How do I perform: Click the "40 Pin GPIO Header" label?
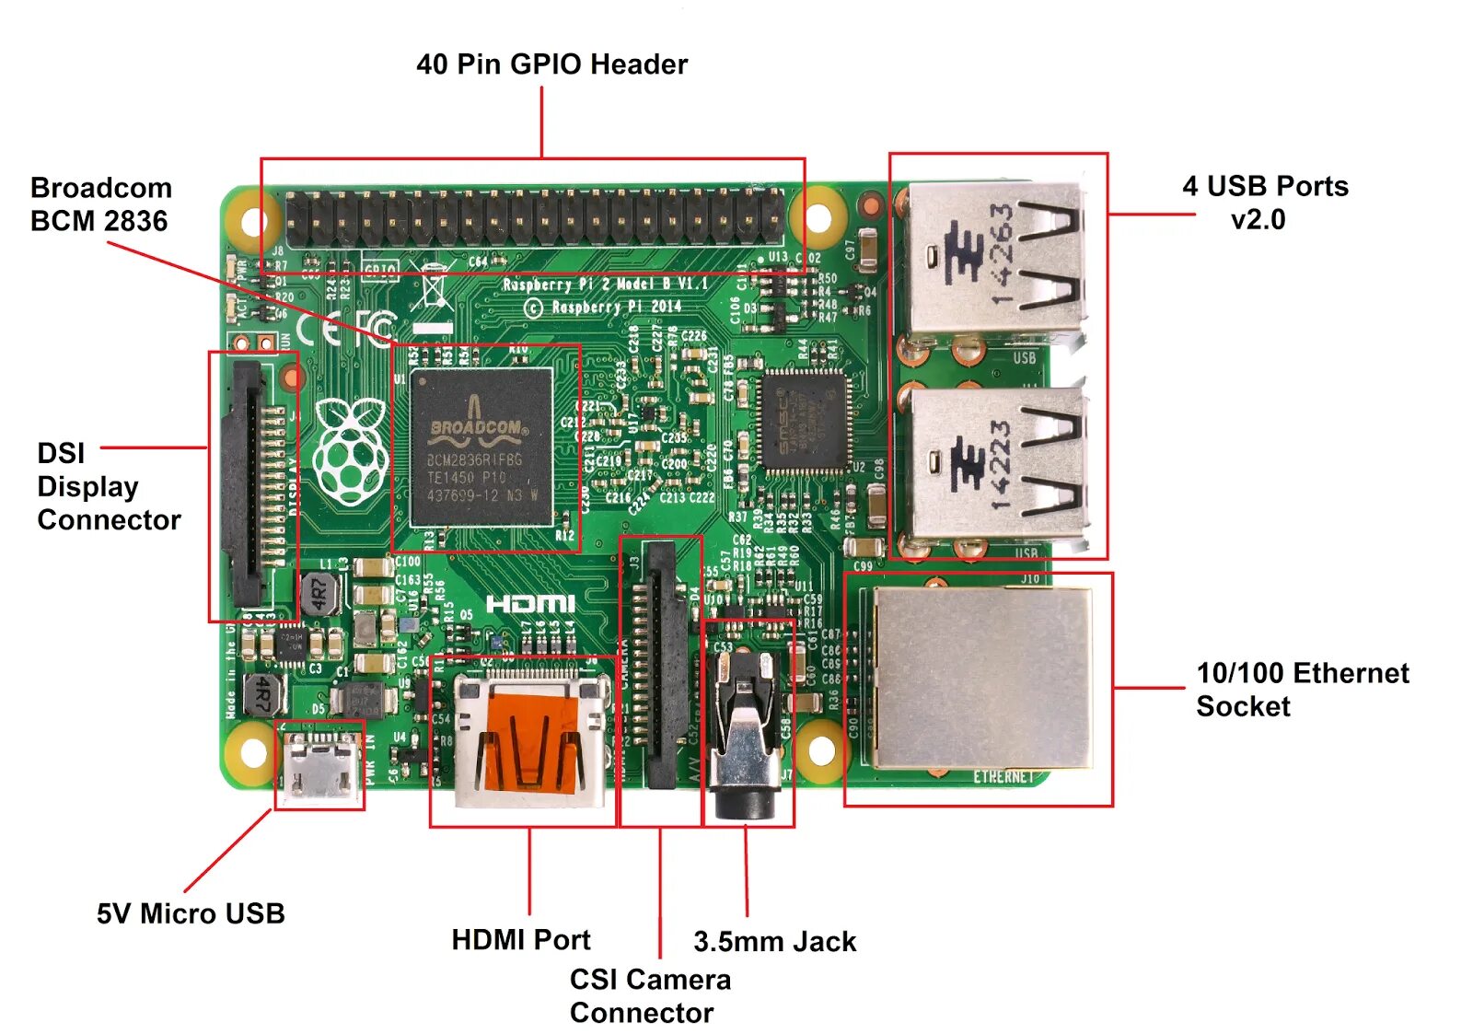tap(551, 64)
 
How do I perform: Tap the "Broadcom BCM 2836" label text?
tap(100, 204)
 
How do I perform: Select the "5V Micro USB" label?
tap(191, 913)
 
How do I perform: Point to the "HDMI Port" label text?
tap(521, 939)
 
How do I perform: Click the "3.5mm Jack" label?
tap(774, 941)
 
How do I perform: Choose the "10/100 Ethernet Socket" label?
tap(1302, 690)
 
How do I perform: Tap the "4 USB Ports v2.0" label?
tap(1264, 203)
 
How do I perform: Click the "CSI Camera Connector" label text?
tap(650, 995)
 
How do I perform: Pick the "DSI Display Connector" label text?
tap(109, 486)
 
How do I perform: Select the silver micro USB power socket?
tap(320, 766)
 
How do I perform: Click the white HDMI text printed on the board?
tap(530, 604)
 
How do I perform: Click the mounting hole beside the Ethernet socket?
tap(819, 749)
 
